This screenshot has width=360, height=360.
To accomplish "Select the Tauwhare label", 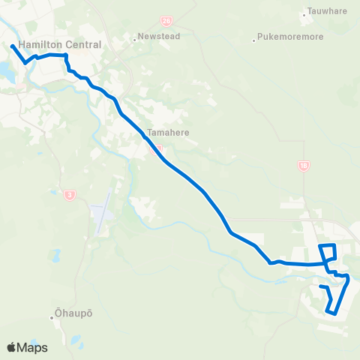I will [x=327, y=12].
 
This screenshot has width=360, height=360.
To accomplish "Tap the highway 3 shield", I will [x=70, y=195].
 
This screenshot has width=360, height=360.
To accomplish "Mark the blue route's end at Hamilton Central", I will [x=13, y=46].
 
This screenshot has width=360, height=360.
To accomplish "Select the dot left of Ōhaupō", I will [x=52, y=317].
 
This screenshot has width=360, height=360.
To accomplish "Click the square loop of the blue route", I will [x=328, y=253].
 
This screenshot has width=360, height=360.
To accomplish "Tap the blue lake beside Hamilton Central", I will [x=6, y=71].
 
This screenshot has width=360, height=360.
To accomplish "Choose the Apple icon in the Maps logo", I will [x=11, y=347].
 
